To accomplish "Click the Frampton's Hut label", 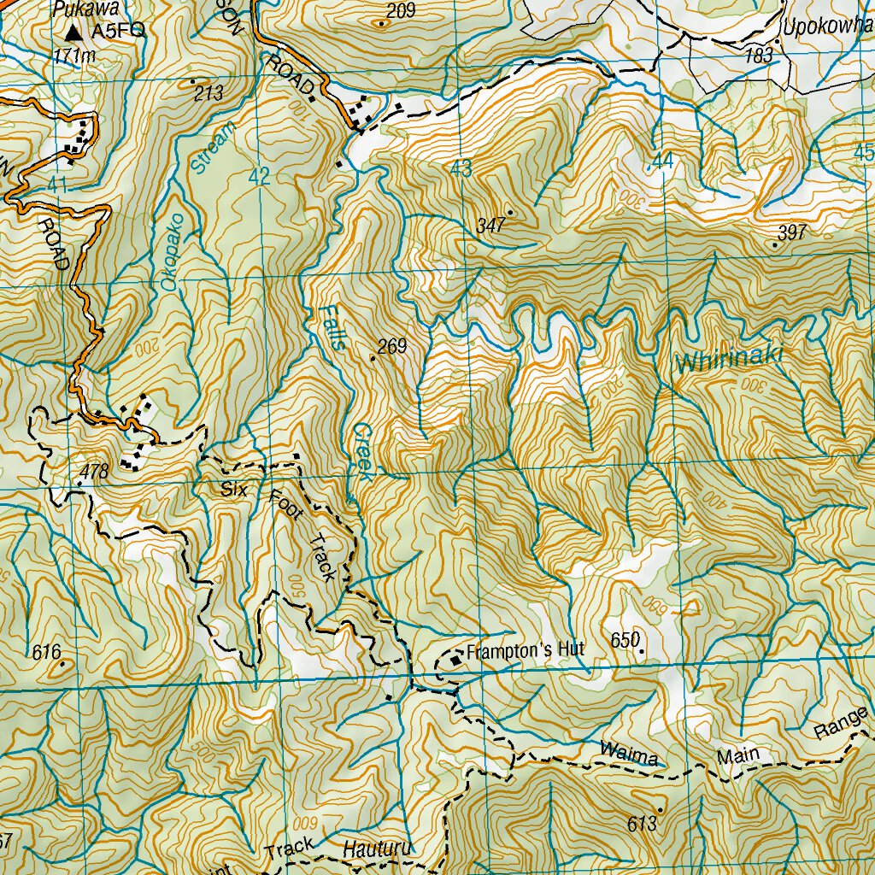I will click(526, 650).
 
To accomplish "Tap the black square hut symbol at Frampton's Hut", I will click(455, 659).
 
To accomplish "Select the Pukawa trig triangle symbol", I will click(75, 32).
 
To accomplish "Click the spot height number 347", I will click(491, 226).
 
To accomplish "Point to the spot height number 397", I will click(792, 232).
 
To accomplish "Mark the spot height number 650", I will click(625, 640).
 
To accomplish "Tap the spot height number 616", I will click(45, 654).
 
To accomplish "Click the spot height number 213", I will click(208, 93).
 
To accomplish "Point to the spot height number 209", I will click(400, 11).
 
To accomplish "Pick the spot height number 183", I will click(758, 56).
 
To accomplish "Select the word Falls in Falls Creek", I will click(332, 328).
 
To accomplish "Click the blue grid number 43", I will click(461, 169).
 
